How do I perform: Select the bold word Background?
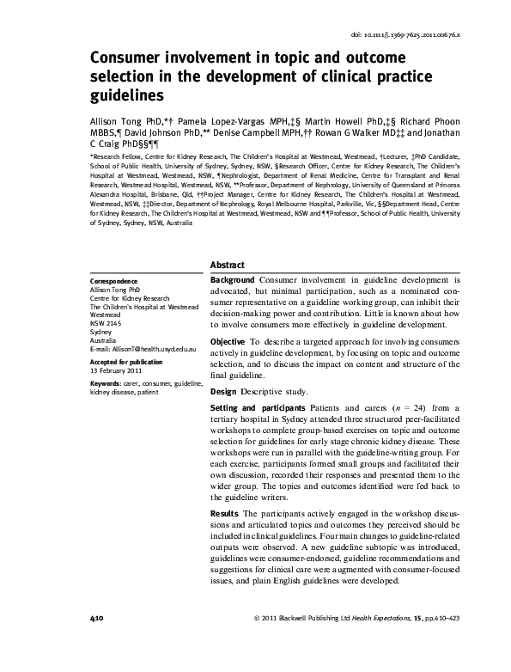point(232,281)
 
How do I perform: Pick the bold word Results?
point(226,514)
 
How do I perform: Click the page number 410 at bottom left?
point(97,619)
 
